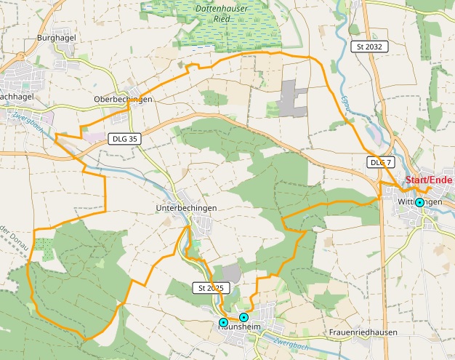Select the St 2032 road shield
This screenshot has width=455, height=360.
point(369,47)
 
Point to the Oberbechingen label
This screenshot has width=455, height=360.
point(123,99)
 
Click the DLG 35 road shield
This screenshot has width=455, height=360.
point(123,137)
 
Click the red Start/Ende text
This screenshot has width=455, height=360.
point(429,180)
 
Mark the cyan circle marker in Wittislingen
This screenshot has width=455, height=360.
point(419,203)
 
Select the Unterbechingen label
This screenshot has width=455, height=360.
point(187,208)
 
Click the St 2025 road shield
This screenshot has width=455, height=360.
point(209,288)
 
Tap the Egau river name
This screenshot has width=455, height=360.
point(348,109)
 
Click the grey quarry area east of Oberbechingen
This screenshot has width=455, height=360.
point(292,97)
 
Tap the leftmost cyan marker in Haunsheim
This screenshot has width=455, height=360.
point(223,322)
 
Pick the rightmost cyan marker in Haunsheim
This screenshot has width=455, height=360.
point(243,317)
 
